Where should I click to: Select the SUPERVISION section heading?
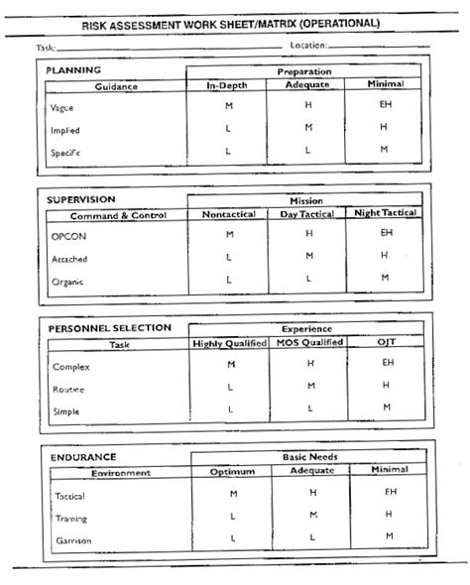click(82, 200)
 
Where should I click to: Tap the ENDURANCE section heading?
click(80, 457)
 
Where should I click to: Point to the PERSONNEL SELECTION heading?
click(109, 328)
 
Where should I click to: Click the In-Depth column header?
click(226, 86)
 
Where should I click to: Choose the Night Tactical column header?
click(386, 214)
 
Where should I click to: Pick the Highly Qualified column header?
click(229, 343)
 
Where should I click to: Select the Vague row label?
click(61, 107)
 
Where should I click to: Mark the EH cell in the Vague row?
click(386, 104)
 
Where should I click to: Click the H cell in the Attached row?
click(386, 256)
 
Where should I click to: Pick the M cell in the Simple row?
click(386, 408)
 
